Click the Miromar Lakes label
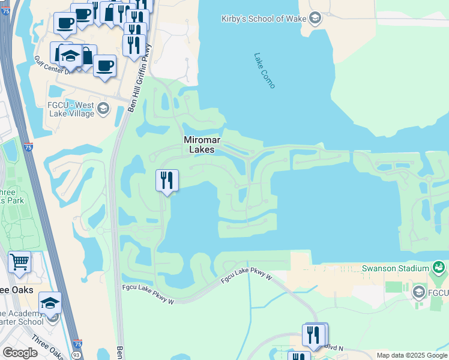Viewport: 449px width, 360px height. click(x=202, y=145)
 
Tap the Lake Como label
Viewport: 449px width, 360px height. click(x=264, y=71)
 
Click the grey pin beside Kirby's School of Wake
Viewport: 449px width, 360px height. click(x=315, y=18)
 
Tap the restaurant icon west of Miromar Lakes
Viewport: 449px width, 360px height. click(x=167, y=181)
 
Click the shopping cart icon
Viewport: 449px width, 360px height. click(x=19, y=262)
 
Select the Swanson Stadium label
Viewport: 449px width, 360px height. click(x=395, y=268)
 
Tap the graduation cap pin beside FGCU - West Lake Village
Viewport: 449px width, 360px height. click(x=103, y=109)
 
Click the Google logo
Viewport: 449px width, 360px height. click(x=20, y=353)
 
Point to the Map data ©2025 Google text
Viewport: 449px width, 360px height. click(x=412, y=355)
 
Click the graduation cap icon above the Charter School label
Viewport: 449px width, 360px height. click(x=50, y=302)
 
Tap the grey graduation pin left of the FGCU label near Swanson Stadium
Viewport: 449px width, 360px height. click(x=419, y=292)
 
